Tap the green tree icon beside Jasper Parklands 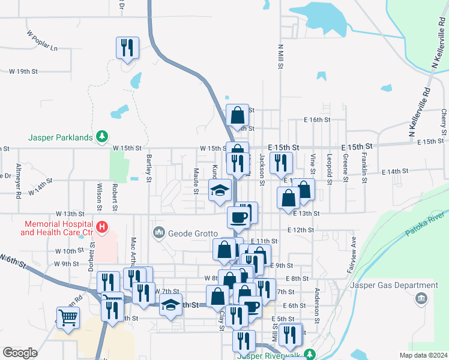103,137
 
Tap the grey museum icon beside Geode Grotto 159,232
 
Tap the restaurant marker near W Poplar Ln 128,47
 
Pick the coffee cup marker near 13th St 238,217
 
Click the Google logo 20,353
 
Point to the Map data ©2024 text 423,355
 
